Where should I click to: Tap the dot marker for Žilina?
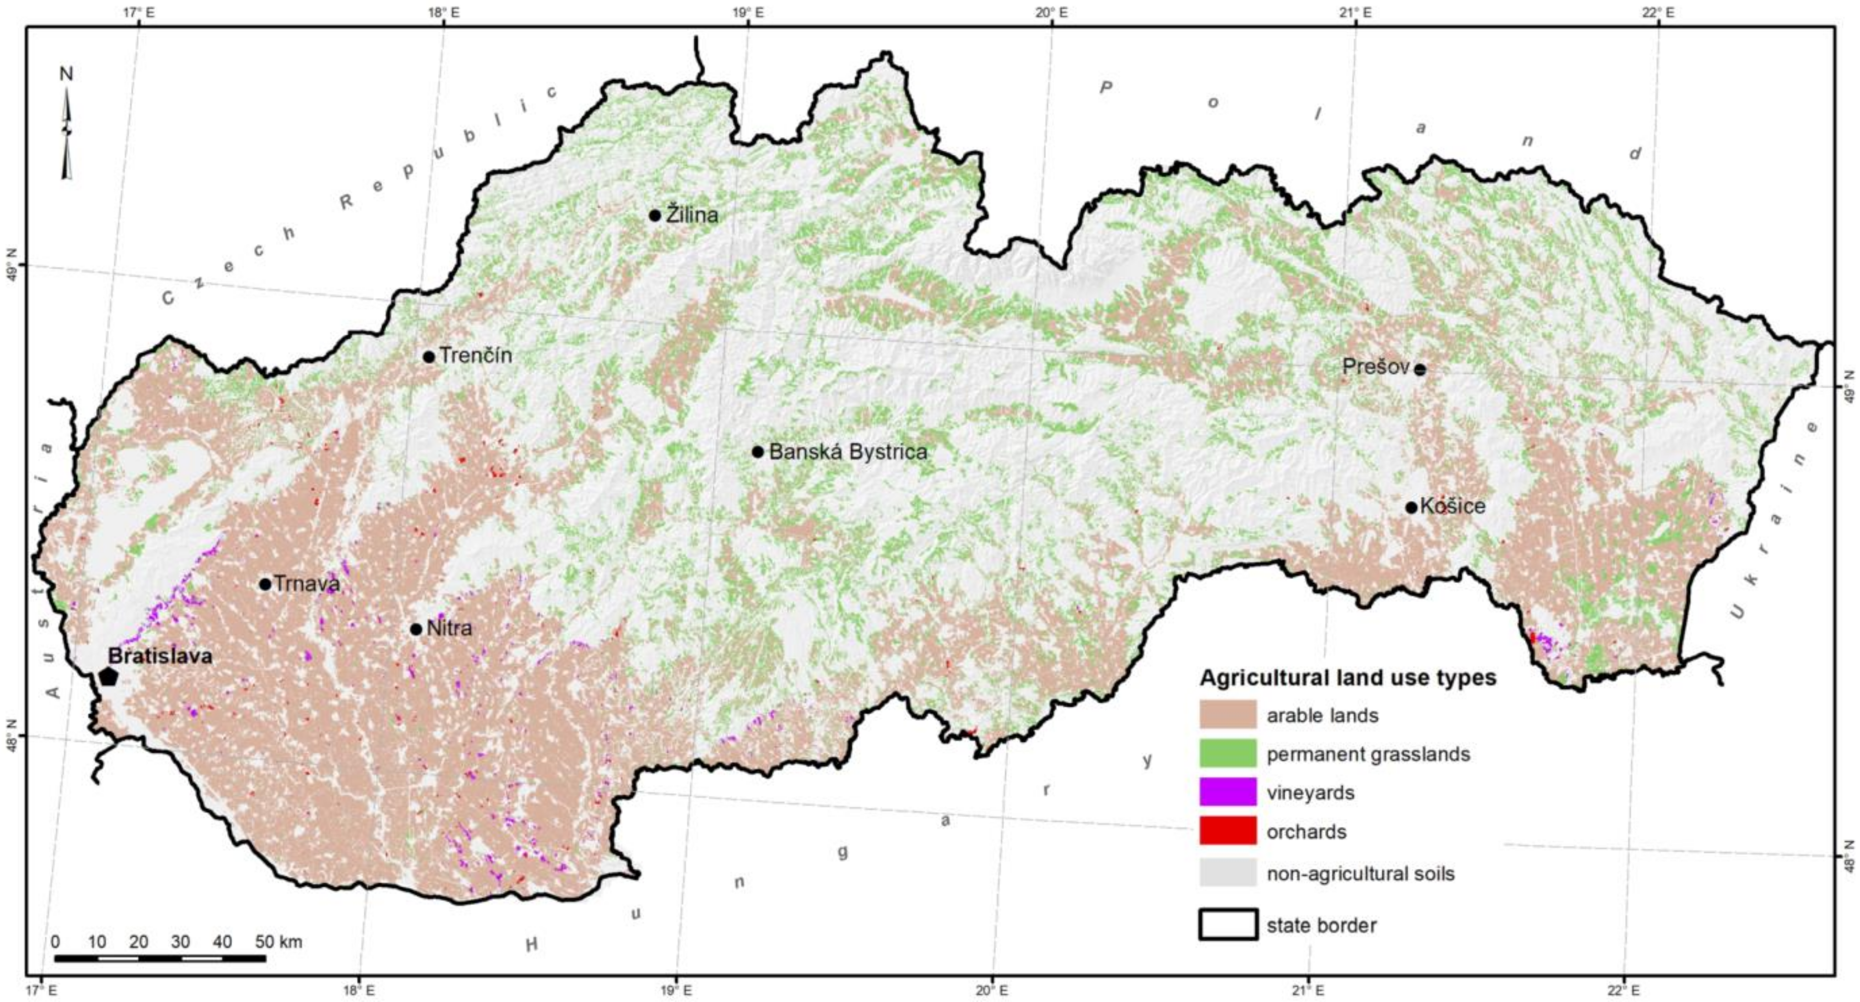(655, 215)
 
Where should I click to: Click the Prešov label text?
(1376, 367)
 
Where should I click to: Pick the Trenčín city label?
(476, 355)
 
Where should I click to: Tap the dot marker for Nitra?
(415, 629)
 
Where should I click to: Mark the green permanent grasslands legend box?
(1227, 753)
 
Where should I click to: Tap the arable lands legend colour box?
(1227, 714)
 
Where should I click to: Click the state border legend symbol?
(1227, 924)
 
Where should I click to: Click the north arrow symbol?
(67, 133)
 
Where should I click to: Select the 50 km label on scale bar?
(279, 942)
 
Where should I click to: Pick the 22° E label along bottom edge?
(1623, 989)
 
